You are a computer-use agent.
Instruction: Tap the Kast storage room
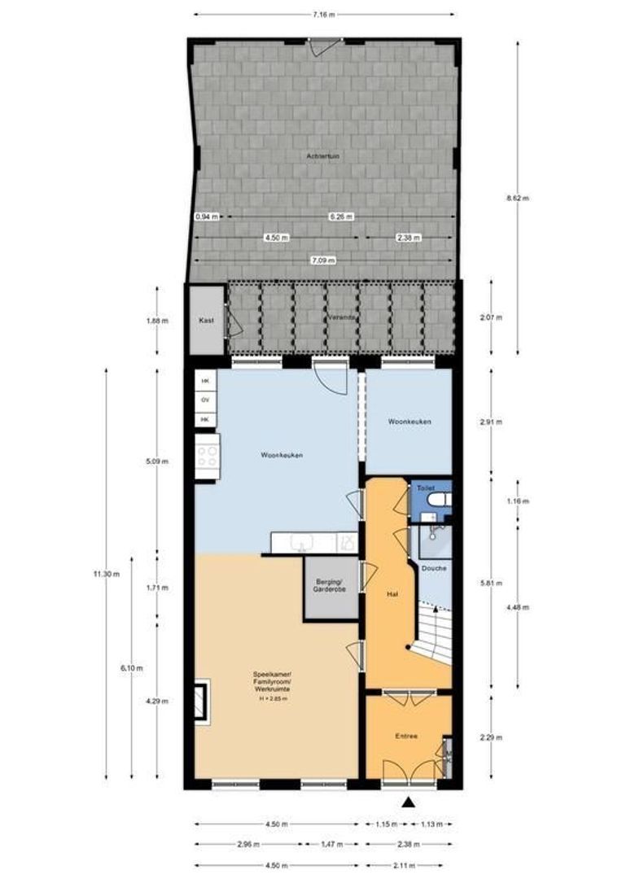pos(206,321)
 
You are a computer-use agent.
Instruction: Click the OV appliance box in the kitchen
pos(205,400)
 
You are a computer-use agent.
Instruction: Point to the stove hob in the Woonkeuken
pos(208,456)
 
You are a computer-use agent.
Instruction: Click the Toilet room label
pos(425,488)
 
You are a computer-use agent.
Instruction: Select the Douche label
pos(435,567)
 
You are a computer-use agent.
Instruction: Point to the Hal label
pos(392,594)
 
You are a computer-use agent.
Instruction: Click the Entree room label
pos(407,736)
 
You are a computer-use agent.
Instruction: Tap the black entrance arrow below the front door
pos(409,802)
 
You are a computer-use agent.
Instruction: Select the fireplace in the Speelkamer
pos(201,701)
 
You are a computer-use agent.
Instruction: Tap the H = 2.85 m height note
pos(274,698)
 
